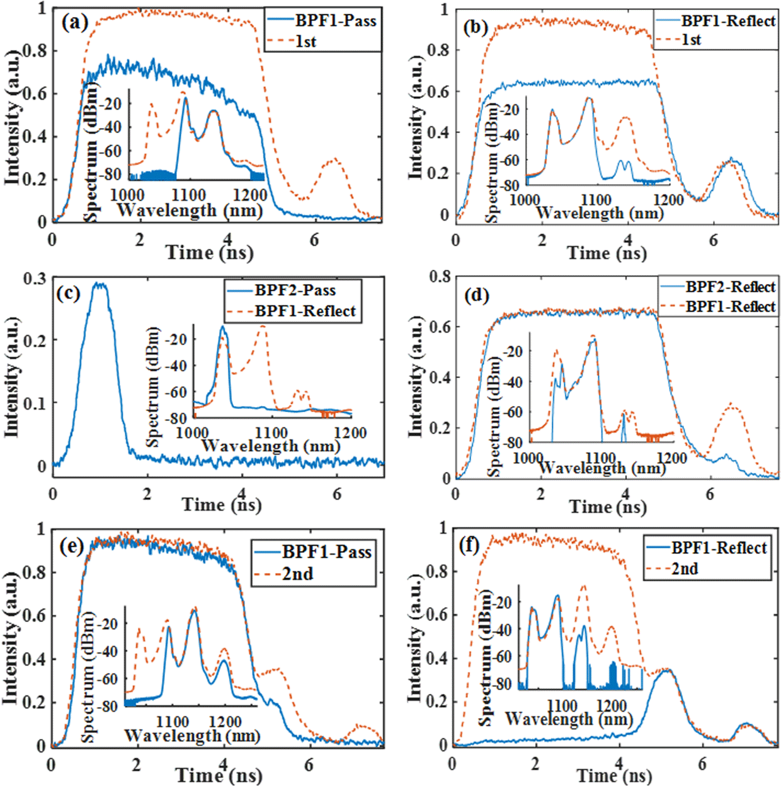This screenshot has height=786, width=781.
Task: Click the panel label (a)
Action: pyautogui.click(x=75, y=23)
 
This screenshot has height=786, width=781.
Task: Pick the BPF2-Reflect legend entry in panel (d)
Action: pyautogui.click(x=730, y=287)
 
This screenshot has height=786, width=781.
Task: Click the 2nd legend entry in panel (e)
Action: pyautogui.click(x=297, y=574)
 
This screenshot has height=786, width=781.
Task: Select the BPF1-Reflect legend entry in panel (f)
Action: pyautogui.click(x=719, y=548)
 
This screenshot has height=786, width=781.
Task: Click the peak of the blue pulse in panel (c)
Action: pyautogui.click(x=99, y=284)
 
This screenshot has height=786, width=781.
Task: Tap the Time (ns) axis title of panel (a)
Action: pyautogui.click(x=209, y=253)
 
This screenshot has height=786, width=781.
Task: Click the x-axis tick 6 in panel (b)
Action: pyautogui.click(x=713, y=240)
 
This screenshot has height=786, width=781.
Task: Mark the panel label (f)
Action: pyautogui.click(x=470, y=545)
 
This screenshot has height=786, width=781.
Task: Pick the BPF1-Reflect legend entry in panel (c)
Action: pyautogui.click(x=305, y=311)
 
